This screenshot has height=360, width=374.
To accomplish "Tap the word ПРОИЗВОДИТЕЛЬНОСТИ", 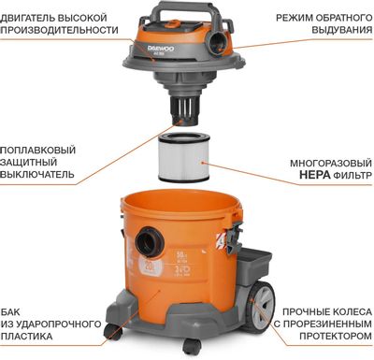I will pyautogui.click(x=60, y=30).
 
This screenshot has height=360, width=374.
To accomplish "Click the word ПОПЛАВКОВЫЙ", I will pyautogui.click(x=39, y=151).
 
